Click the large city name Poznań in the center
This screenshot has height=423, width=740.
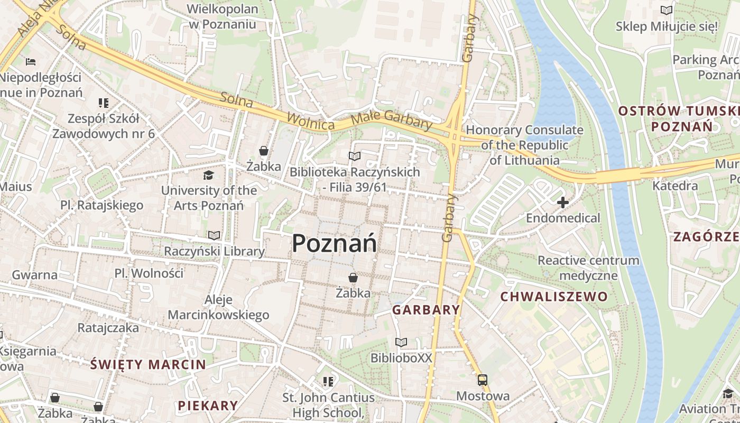pyautogui.click(x=334, y=244)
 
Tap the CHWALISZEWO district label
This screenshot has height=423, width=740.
pyautogui.click(x=554, y=297)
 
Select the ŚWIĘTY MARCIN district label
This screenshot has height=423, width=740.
pyautogui.click(x=148, y=364)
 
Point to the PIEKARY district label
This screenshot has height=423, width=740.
pyautogui.click(x=208, y=406)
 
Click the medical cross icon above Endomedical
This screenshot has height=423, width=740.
pyautogui.click(x=563, y=202)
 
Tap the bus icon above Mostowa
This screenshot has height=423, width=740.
pyautogui.click(x=482, y=380)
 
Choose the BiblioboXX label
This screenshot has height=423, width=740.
pyautogui.click(x=401, y=358)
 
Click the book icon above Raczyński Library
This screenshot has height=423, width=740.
pyautogui.click(x=214, y=235)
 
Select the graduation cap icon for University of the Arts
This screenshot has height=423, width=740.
pyautogui.click(x=209, y=175)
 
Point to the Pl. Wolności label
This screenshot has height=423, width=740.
pyautogui.click(x=149, y=273)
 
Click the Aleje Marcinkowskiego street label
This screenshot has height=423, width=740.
pyautogui.click(x=218, y=308)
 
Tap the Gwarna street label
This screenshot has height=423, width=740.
pyautogui.click(x=34, y=274)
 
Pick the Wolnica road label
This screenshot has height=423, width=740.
pyautogui.click(x=311, y=120)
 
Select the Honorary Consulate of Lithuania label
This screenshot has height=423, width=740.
pyautogui.click(x=524, y=145)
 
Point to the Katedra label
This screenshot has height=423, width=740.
pyautogui.click(x=675, y=186)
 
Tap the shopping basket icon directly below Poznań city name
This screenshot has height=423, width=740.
pyautogui.click(x=353, y=278)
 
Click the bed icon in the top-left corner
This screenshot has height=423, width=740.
pyautogui.click(x=31, y=62)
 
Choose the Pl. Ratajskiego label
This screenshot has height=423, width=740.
pyautogui.click(x=101, y=205)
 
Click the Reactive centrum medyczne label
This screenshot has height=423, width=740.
pyautogui.click(x=588, y=268)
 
